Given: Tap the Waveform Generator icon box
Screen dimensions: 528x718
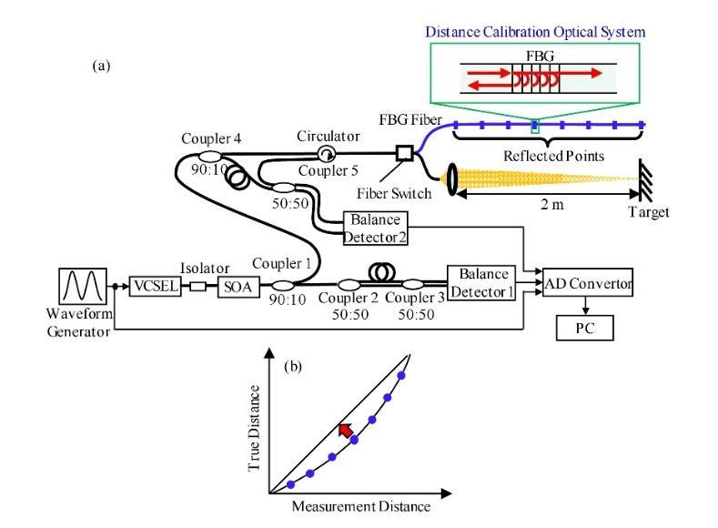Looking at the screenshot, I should [x=84, y=285].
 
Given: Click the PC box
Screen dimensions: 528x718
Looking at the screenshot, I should [x=585, y=326].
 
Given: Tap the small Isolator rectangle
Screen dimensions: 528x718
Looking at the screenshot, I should [x=195, y=286].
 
